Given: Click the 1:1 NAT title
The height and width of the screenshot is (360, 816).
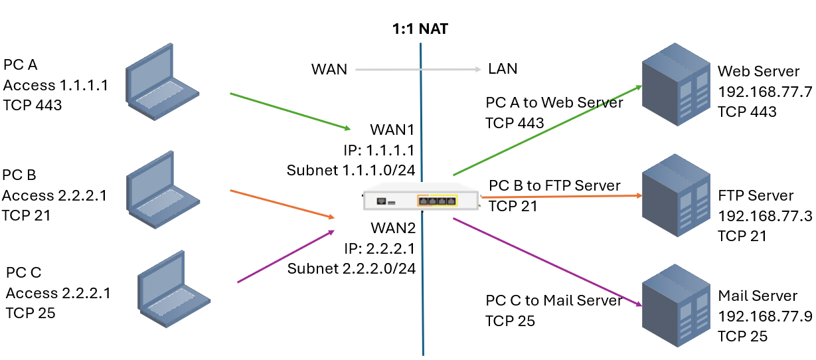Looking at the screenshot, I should click(421, 29).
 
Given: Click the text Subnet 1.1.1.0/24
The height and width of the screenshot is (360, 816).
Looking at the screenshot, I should click(351, 171).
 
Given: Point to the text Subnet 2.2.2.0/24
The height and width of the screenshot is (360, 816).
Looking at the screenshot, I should click(351, 269).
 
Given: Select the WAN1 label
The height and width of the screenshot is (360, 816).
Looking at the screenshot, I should click(392, 129).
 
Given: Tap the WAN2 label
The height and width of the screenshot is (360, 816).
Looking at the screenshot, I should click(392, 228).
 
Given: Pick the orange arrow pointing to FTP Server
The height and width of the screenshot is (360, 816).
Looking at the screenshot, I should click(562, 197).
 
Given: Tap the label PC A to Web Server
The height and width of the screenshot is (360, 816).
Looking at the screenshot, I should click(554, 103).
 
